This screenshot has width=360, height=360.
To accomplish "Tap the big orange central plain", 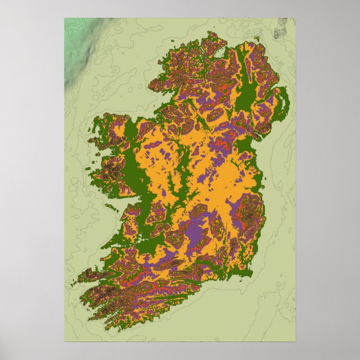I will point(224,179).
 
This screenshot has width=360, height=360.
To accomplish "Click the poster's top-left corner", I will point(64,18).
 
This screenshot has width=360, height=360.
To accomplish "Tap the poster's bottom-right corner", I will point(295,341).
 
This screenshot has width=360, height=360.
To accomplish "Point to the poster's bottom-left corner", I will point(64,341).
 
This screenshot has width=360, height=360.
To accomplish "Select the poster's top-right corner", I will point(295,18).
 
